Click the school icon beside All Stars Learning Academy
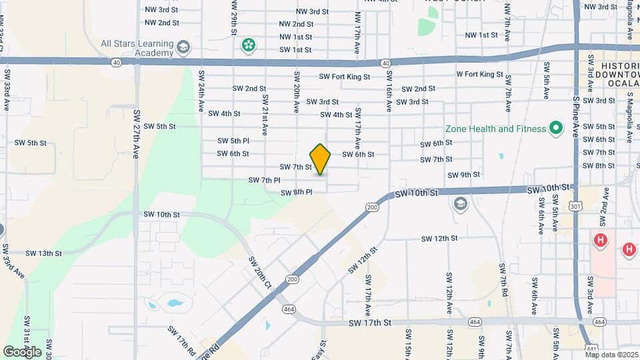click(184, 47)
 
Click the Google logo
click(22, 351)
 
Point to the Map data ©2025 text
click(611, 355)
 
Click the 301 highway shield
click(575, 207)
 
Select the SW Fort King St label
click(344, 77)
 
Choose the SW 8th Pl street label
click(297, 193)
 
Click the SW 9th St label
click(465, 175)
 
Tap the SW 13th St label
click(44, 253)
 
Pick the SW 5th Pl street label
click(233, 141)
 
